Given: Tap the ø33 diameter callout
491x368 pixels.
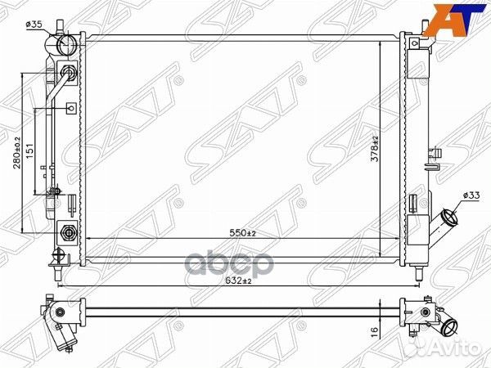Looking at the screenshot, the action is pos(471,195).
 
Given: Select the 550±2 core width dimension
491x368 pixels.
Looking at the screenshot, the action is pos(243,233).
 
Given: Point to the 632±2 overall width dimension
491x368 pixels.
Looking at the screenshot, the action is pos(238,280).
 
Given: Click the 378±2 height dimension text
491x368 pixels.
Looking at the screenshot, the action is pos(375,149).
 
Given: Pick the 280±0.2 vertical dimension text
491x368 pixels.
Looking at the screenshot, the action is pos(16,153).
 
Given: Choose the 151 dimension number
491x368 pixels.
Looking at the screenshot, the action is pos(29,151).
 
